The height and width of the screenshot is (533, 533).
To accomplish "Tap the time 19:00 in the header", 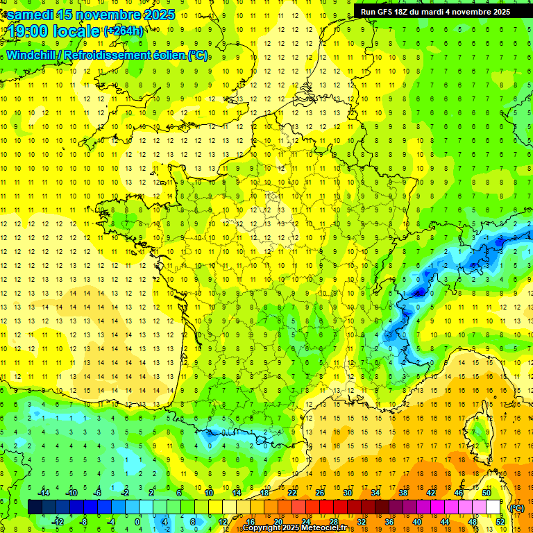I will click(x=29, y=31).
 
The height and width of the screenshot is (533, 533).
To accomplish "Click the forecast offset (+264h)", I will click(x=124, y=31).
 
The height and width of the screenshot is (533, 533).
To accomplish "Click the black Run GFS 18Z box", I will click(x=435, y=11).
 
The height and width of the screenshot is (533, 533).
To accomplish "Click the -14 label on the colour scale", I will click(x=44, y=493).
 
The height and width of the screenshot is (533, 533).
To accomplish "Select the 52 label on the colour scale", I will click(x=500, y=522).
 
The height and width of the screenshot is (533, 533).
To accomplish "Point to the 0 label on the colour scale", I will click(x=137, y=522).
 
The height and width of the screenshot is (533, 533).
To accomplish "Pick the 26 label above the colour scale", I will click(x=319, y=493).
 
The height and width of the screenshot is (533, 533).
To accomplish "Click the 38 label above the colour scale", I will click(x=403, y=493).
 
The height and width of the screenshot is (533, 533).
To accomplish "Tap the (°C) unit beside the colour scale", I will click(x=517, y=508).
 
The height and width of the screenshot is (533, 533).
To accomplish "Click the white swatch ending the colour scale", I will click(x=493, y=507).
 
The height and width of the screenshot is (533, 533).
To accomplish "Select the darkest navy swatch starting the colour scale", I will click(x=35, y=507).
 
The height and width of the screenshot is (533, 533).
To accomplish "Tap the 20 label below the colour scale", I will click(x=278, y=522).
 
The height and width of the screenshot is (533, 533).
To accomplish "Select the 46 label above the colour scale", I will click(x=458, y=493).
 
